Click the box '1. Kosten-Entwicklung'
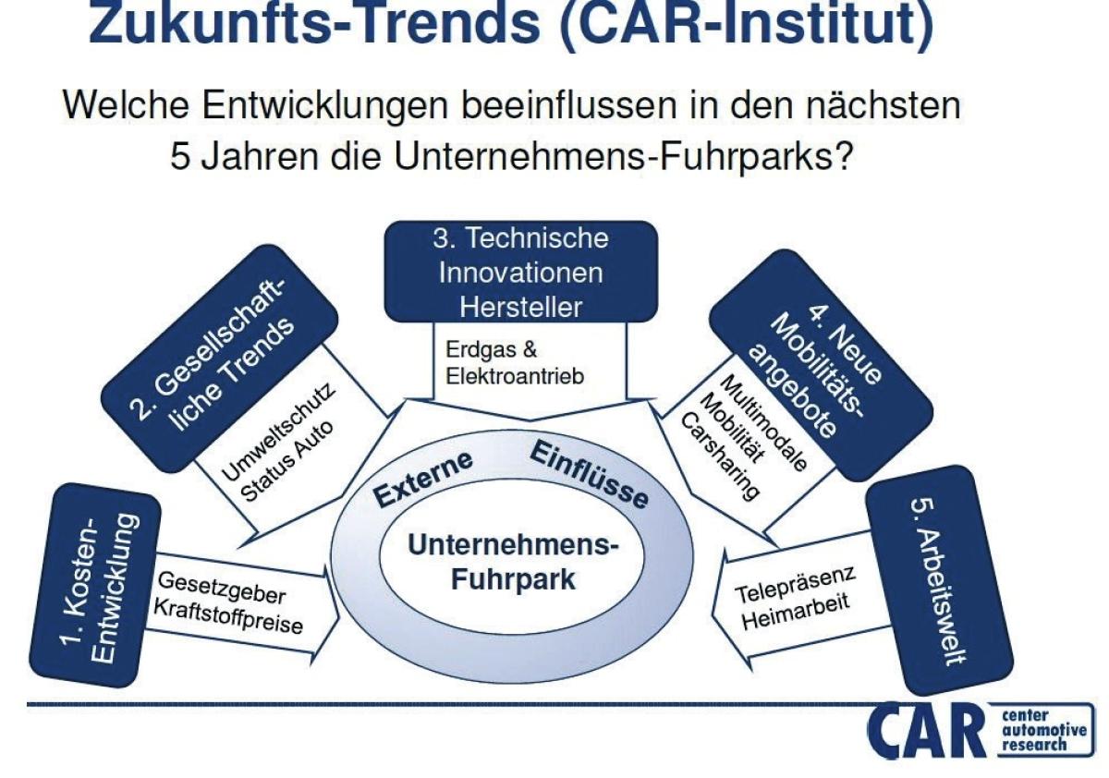(x=95, y=586)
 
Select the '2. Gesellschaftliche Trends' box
(x=219, y=359)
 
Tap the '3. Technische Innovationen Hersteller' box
(x=521, y=272)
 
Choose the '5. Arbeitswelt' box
(x=939, y=580)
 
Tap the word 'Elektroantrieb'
(x=515, y=377)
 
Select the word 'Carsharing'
(x=719, y=456)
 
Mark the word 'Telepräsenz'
(x=795, y=585)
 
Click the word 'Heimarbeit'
(x=796, y=612)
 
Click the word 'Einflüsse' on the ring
(x=589, y=473)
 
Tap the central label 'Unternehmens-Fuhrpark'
(x=514, y=563)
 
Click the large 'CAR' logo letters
(x=927, y=732)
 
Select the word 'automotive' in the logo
(x=1044, y=730)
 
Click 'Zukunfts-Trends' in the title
(x=314, y=23)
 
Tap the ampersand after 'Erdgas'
(x=529, y=350)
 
